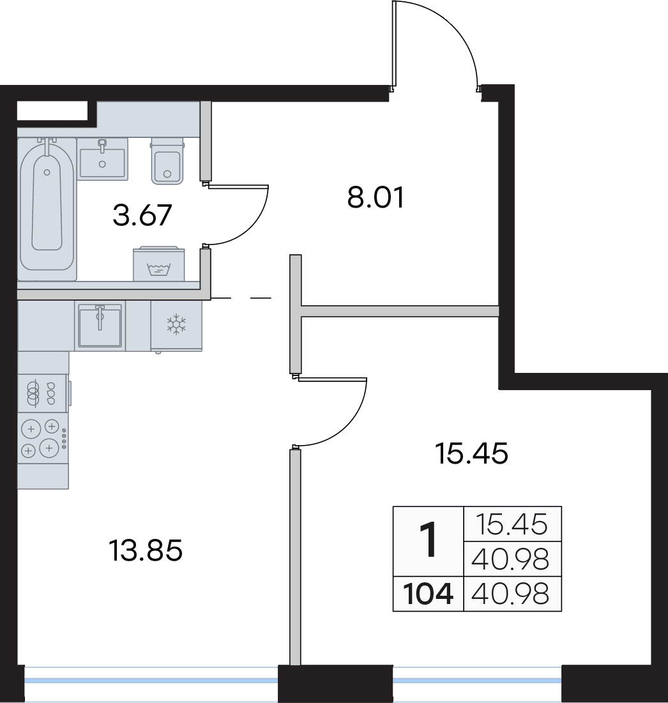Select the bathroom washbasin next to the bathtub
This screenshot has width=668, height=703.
pos(102,159)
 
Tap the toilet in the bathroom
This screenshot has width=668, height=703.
pos(167,161)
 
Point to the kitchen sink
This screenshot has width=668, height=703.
pos(100,326)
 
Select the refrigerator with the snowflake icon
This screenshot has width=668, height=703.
pos(176,326)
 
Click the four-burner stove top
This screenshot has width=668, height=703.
pos(43,438)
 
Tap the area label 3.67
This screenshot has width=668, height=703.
pos(142,215)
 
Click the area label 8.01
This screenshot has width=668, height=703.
pos(376,197)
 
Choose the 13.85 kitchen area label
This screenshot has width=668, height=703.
pos(146,550)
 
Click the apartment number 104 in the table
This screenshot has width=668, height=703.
pos(428,594)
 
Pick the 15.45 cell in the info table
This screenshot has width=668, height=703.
pos(512,524)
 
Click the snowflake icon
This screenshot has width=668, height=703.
pos(176,324)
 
